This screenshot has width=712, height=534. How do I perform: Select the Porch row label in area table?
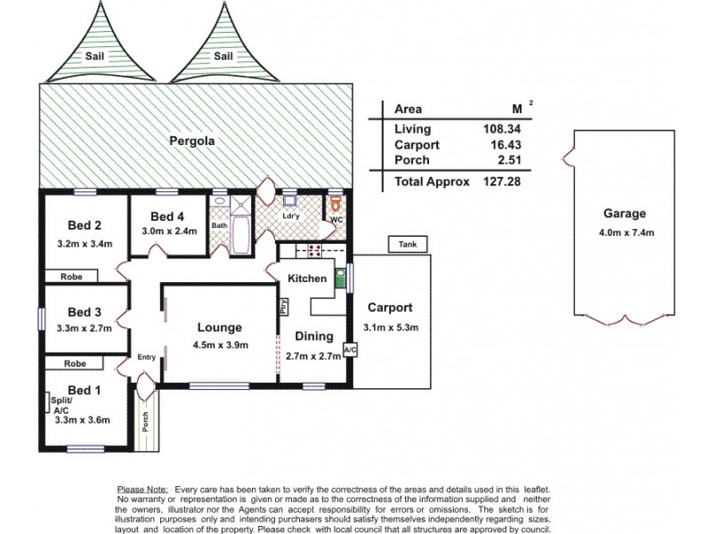point(411,160)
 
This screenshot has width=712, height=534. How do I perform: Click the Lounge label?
point(220,327)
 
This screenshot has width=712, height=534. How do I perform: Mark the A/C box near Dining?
point(349,350)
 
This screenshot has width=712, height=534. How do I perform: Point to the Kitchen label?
point(306,279)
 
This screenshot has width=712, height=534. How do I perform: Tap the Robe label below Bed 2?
point(72,277)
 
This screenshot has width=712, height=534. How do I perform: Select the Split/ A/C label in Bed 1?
point(60,405)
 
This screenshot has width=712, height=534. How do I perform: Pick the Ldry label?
point(289,216)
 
